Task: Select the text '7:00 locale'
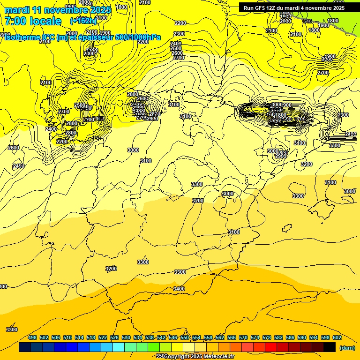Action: point(33,21)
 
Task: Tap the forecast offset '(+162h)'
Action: point(83,21)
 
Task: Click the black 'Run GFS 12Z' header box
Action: point(294,7)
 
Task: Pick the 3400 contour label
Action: point(179,289)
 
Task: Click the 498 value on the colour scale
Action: point(32,337)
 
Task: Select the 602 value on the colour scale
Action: point(337,337)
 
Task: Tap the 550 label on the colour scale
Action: point(185,337)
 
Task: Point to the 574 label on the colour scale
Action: point(255,337)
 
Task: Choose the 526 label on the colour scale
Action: point(114,337)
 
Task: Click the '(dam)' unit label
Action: point(346,348)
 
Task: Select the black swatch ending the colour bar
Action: point(330,347)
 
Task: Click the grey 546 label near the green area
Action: point(307,22)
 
